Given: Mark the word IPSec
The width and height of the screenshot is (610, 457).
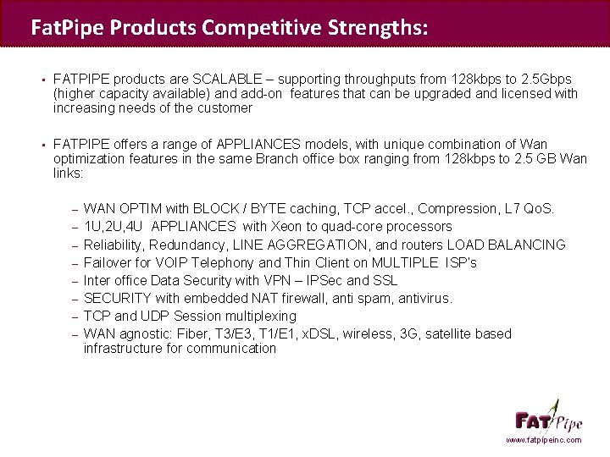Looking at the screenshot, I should tap(325, 280).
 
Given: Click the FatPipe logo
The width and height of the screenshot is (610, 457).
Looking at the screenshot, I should tap(546, 418).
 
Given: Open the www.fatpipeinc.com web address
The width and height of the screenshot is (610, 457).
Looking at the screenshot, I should tap(544, 441).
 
